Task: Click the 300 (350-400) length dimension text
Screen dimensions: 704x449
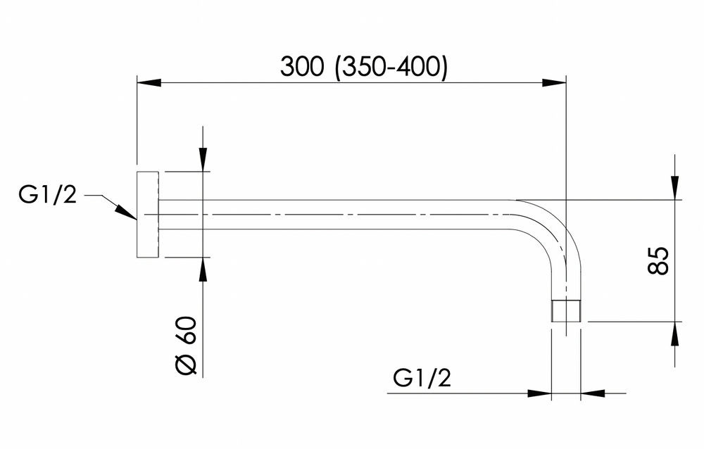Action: [364, 68]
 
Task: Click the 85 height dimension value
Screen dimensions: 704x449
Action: [658, 260]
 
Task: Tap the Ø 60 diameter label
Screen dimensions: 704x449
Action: [185, 346]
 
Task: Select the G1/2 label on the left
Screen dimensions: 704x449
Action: [48, 196]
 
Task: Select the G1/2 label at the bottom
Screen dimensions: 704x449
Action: [422, 378]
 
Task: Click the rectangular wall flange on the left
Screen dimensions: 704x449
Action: [148, 215]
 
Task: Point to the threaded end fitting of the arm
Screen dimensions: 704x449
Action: [566, 310]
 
